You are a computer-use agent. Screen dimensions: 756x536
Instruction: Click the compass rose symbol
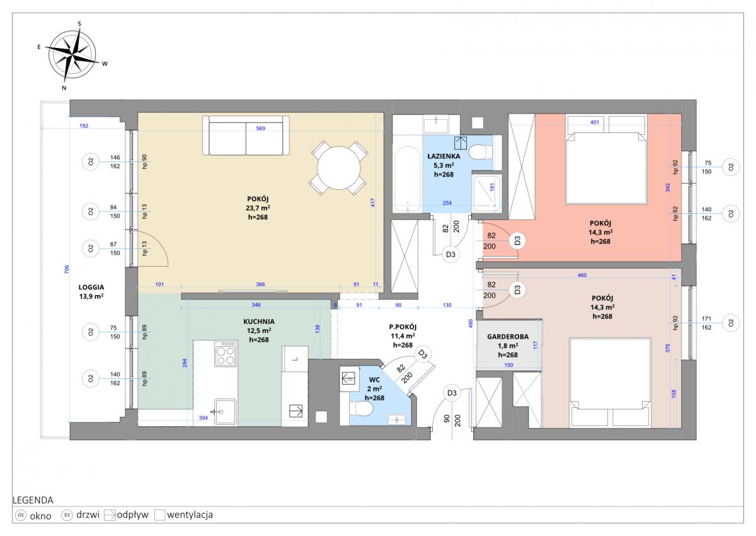(x=72, y=55)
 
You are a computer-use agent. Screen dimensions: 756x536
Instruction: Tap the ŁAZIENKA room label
(x=444, y=156)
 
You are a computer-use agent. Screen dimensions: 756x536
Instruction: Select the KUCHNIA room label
(x=259, y=322)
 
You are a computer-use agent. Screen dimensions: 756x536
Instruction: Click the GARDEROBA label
(x=508, y=337)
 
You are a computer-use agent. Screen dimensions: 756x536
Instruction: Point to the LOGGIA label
(x=91, y=288)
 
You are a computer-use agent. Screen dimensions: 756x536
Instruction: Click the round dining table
(x=338, y=168)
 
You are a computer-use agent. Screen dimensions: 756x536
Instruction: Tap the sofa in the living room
(x=246, y=136)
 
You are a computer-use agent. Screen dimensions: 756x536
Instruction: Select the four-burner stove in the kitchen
(x=226, y=354)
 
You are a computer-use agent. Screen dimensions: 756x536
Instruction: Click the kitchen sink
(x=226, y=412)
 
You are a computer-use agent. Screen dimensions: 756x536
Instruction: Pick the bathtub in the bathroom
(x=408, y=179)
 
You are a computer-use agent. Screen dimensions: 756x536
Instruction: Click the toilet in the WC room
(x=361, y=409)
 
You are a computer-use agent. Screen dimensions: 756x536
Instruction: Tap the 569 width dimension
(x=261, y=129)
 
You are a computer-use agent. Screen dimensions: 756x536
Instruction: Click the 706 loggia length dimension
(x=67, y=269)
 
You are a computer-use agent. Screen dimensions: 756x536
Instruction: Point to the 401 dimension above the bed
(x=594, y=122)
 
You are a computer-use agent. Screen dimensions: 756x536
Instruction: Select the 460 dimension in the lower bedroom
(x=582, y=276)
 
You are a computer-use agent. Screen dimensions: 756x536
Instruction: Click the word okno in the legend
(x=40, y=516)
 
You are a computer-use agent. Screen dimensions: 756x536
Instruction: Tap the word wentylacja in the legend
(x=190, y=515)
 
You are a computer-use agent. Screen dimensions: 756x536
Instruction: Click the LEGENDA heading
(x=33, y=500)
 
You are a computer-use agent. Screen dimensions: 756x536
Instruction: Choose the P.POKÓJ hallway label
(x=403, y=327)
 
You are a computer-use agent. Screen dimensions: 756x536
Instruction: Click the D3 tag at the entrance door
(x=452, y=393)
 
